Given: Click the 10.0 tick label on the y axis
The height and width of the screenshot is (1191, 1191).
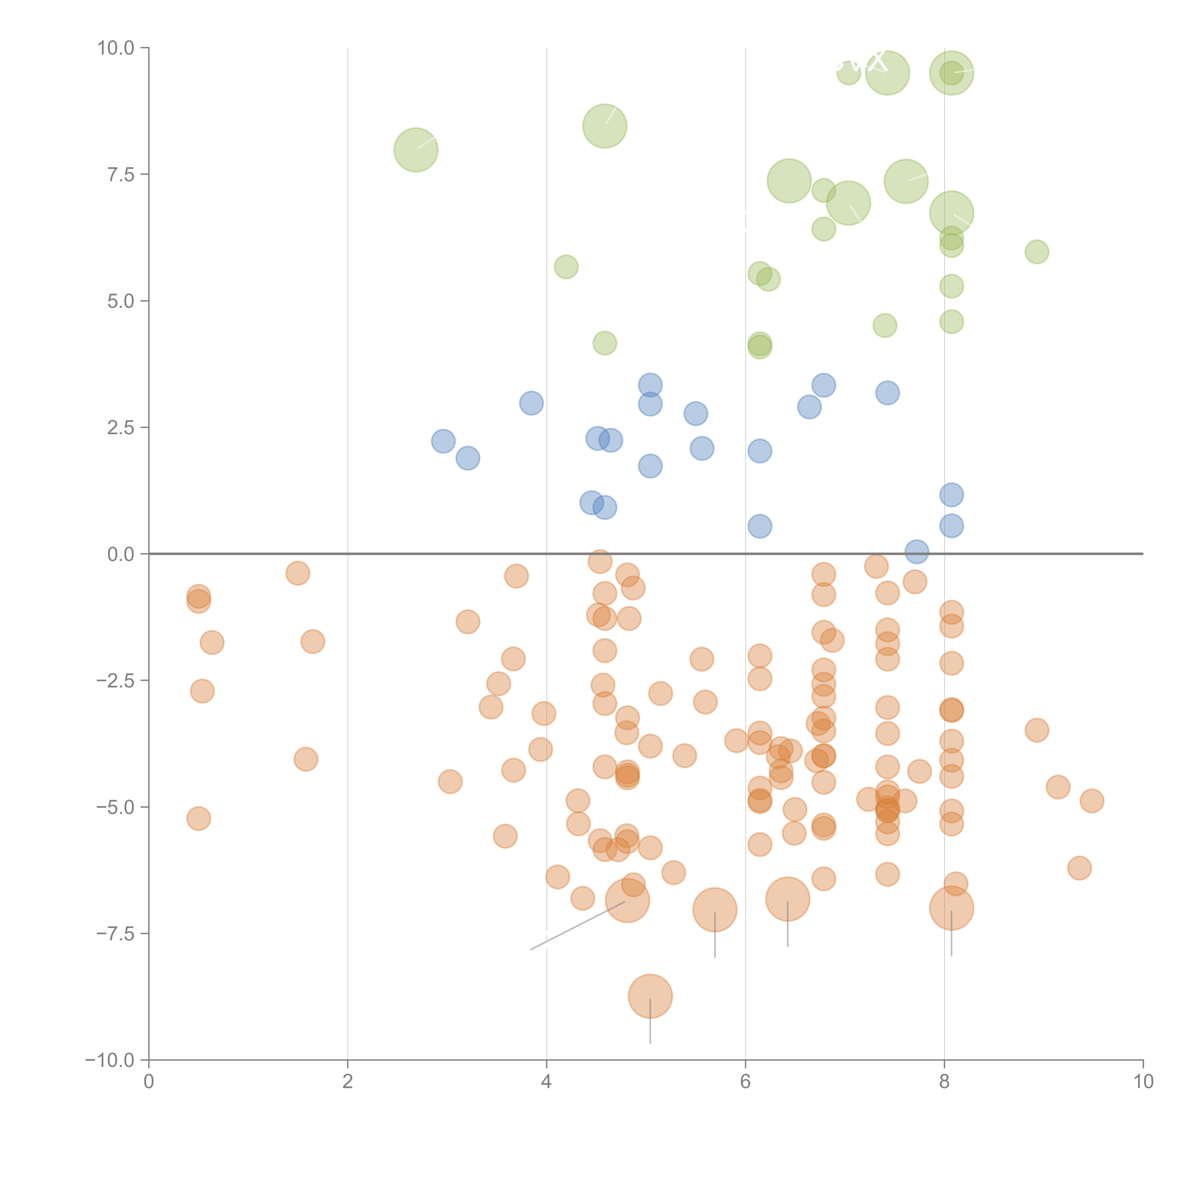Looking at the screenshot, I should click(115, 48).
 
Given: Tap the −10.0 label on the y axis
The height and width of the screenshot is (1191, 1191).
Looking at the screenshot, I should click(110, 1060).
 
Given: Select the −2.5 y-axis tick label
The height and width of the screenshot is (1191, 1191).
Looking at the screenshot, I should click(115, 681).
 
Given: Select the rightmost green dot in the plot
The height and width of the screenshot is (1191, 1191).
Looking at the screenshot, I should click(1036, 252).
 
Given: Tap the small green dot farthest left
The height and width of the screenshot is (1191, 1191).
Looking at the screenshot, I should click(566, 267).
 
